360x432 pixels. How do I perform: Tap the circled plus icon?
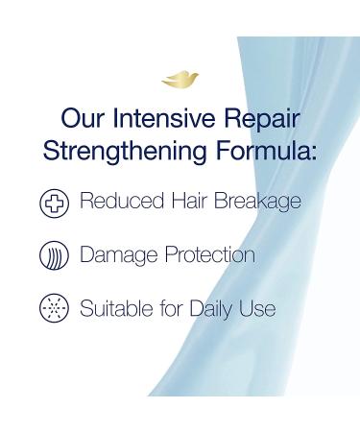click(54, 204)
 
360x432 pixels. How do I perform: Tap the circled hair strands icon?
click(54, 257)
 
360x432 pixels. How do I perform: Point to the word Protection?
click(210, 256)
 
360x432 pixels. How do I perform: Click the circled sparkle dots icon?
click(54, 310)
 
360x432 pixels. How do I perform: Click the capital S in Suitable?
click(86, 309)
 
